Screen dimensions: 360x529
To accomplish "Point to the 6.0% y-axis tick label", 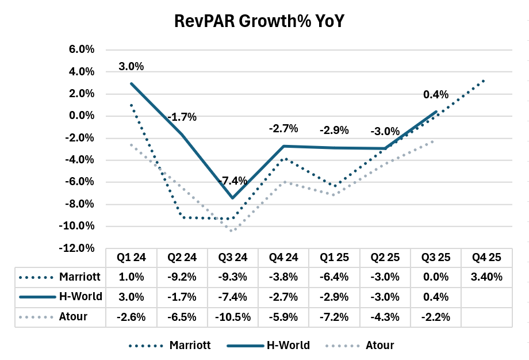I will [82, 49].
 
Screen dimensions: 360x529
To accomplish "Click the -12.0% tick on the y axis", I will [79, 248].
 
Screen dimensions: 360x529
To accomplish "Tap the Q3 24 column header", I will [233, 258].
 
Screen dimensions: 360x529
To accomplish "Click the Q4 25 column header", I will [486, 258].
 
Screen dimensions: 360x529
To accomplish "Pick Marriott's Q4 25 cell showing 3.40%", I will [486, 277].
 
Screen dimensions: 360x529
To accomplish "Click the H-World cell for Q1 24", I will [132, 297].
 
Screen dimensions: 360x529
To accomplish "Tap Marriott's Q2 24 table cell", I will [182, 277].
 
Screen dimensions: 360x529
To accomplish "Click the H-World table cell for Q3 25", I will [436, 297].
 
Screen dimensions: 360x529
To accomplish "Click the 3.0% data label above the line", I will [131, 66].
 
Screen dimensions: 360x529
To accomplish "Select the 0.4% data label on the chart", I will [435, 94].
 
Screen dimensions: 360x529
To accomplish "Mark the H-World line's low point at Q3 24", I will [233, 198].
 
